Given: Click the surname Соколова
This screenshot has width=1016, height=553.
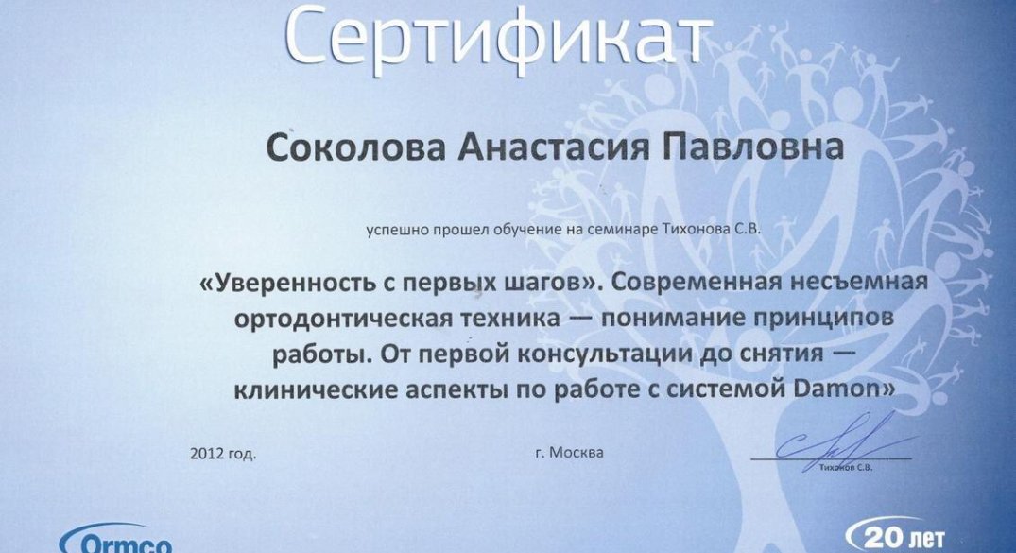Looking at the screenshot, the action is pyautogui.click(x=355, y=147).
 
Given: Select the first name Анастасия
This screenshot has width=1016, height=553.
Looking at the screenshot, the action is pyautogui.click(x=553, y=147).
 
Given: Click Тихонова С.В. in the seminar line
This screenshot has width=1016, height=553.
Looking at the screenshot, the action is pyautogui.click(x=711, y=229).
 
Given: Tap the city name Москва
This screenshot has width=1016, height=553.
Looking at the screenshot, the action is pyautogui.click(x=576, y=453).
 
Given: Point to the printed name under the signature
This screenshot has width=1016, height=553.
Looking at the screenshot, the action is pyautogui.click(x=846, y=467).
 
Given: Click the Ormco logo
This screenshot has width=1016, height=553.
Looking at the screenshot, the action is pyautogui.click(x=115, y=539).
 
